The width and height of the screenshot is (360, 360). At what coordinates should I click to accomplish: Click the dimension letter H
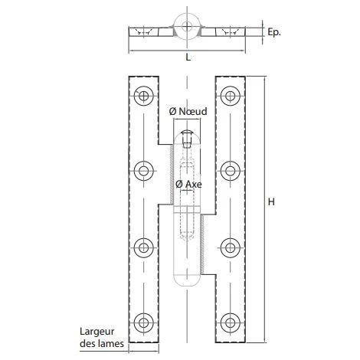click(273, 202)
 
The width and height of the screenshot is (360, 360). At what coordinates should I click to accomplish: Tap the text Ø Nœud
click(188, 112)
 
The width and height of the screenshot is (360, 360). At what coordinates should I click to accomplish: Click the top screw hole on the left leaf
click(143, 96)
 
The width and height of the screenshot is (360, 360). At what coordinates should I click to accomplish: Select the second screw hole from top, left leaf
click(143, 170)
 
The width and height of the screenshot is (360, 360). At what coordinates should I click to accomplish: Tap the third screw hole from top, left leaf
click(143, 247)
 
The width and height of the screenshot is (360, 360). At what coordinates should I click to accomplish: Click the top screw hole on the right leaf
click(230, 96)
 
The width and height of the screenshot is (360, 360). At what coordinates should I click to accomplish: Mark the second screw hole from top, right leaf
click(230, 170)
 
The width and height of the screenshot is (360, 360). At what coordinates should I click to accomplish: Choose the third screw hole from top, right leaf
click(230, 247)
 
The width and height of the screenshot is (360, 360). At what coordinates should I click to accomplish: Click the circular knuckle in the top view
click(187, 25)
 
